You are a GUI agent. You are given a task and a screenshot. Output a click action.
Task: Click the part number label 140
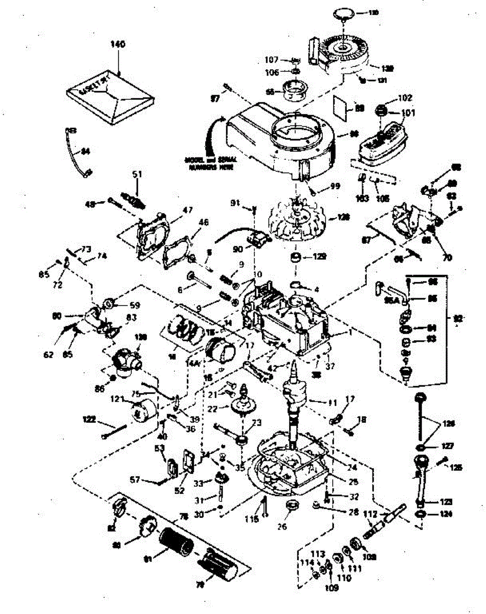click(x=118, y=45)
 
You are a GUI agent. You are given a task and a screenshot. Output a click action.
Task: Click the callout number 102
click(x=405, y=97)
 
